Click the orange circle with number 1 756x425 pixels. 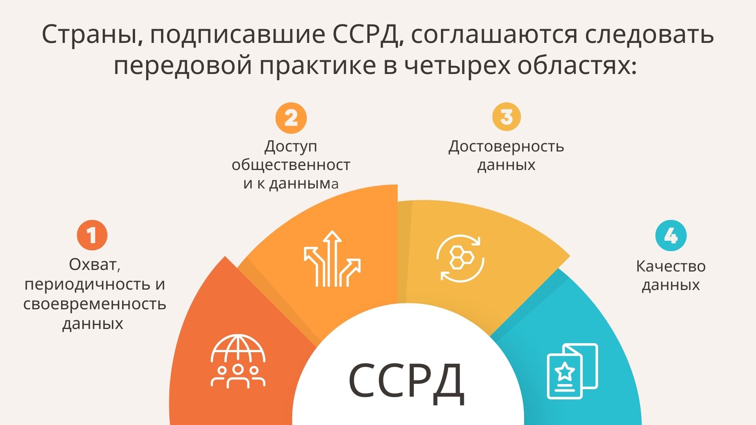tap(92, 235)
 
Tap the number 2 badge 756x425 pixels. tap(291, 118)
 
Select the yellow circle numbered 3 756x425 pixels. tap(506, 116)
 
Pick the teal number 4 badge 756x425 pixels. tap(671, 235)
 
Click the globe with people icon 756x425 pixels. tap(238, 361)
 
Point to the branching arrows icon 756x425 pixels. tap(332, 259)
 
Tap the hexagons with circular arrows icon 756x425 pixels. tap(460, 258)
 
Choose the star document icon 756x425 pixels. tap(573, 371)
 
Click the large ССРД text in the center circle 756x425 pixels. tap(406, 380)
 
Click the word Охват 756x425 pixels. tap(94, 264)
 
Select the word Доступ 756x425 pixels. tap(291, 146)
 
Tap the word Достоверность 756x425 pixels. tap(506, 146)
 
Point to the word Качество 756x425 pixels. tap(671, 266)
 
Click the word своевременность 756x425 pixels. tap(94, 304)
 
